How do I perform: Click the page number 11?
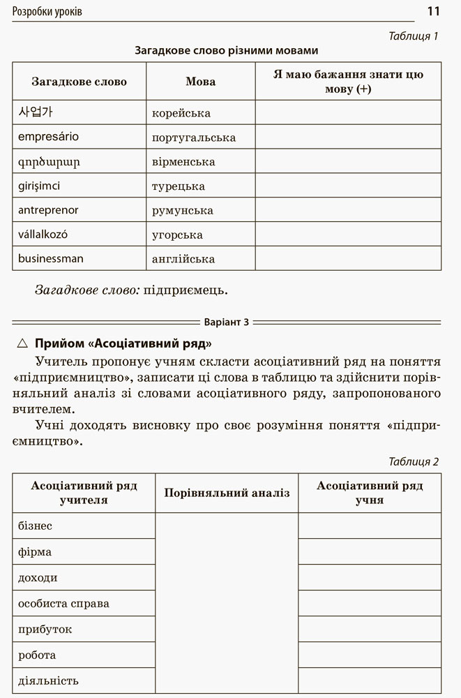[433, 11]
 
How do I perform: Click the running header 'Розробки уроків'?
[47, 12]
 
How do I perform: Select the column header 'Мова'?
[200, 82]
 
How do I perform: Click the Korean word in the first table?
[35, 112]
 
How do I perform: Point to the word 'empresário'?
[48, 137]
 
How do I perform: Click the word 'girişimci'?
[39, 186]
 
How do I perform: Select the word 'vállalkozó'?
[43, 235]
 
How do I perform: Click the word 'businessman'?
[50, 258]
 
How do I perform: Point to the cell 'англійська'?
[183, 259]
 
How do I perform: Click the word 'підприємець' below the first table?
[185, 289]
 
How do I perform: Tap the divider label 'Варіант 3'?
[225, 322]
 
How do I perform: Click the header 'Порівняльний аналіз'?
[226, 493]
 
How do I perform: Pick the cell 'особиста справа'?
[63, 603]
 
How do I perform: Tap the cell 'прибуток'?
[45, 629]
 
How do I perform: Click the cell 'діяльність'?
[48, 681]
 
